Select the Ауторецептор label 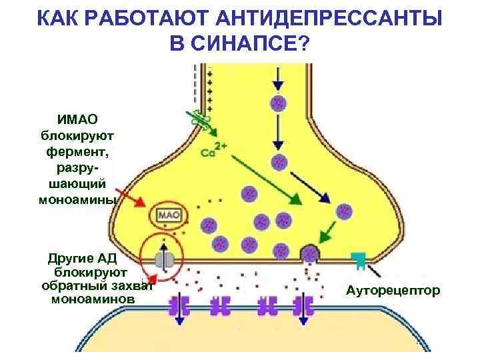point(393,291)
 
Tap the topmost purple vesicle point(278,103)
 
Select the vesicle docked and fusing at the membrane point(310,254)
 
